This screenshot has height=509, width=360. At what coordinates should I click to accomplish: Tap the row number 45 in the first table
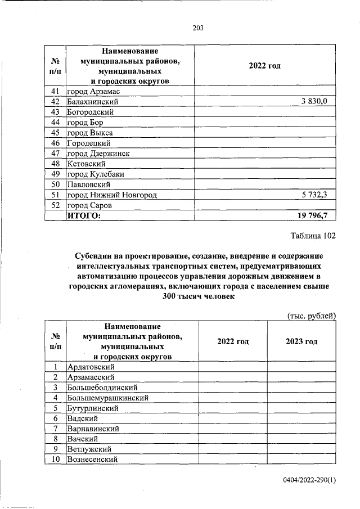[x=55, y=132]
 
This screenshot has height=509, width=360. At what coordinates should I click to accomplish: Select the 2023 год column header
[x=301, y=341]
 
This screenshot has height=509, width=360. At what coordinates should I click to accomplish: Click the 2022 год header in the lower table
[x=232, y=341]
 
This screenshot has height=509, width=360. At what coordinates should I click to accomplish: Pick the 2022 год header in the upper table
[x=264, y=66]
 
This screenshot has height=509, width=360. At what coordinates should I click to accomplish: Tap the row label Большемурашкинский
[x=107, y=398]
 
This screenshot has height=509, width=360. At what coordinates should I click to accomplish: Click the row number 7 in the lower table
[x=55, y=429]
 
